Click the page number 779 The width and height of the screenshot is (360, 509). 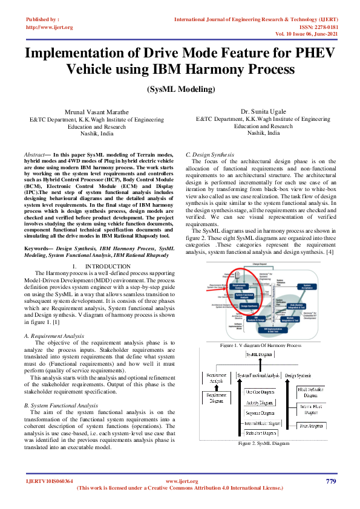(330, 481)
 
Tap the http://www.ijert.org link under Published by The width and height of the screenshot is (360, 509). (50, 27)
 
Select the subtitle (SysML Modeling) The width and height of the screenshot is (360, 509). (180, 89)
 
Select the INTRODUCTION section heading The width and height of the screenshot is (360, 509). (104, 266)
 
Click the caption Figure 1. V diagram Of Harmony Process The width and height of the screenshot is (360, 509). (260, 345)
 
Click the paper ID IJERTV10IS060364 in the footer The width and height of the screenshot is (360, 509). (49, 481)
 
